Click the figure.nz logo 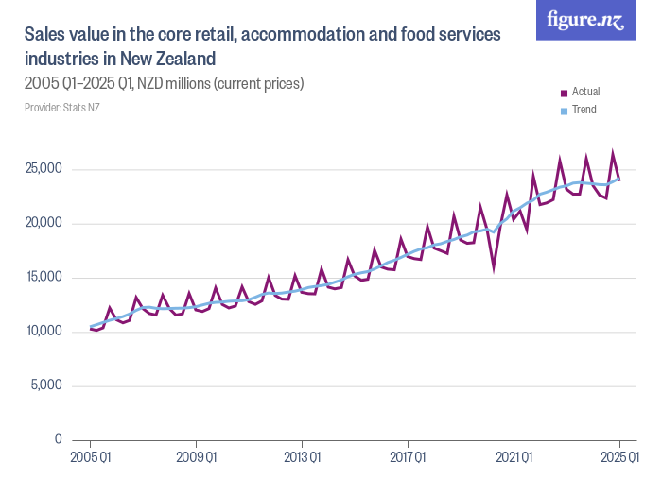pos(585,21)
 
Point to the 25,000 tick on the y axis pos(43,169)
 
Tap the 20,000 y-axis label pos(43,223)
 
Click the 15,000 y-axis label pos(43,277)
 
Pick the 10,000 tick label pos(43,331)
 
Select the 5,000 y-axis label pos(45,385)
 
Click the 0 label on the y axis pos(58,439)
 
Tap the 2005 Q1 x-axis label pos(91,458)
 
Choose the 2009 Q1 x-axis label pos(196,458)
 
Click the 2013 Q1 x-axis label pos(302,458)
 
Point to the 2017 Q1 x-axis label pos(408,458)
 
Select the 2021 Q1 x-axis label pos(514,458)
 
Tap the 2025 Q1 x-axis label pos(619,458)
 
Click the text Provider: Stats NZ pos(61,108)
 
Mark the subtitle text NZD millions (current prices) pos(220,83)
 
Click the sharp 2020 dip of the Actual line pos(494,267)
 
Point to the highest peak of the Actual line pos(613,153)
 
